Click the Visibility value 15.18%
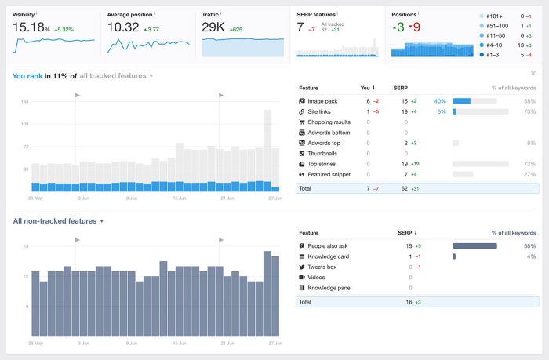(x=31, y=27)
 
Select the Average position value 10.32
(x=123, y=27)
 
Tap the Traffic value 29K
(x=213, y=27)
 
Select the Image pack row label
(x=323, y=101)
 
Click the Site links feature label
(x=320, y=111)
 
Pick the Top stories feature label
(x=322, y=164)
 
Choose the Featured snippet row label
(x=329, y=174)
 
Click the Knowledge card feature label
(x=329, y=256)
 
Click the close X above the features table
(x=533, y=74)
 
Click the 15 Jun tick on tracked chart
(x=180, y=198)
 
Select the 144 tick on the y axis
(x=25, y=102)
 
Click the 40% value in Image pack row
(x=440, y=101)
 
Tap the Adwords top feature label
(x=324, y=143)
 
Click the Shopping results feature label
(x=329, y=122)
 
